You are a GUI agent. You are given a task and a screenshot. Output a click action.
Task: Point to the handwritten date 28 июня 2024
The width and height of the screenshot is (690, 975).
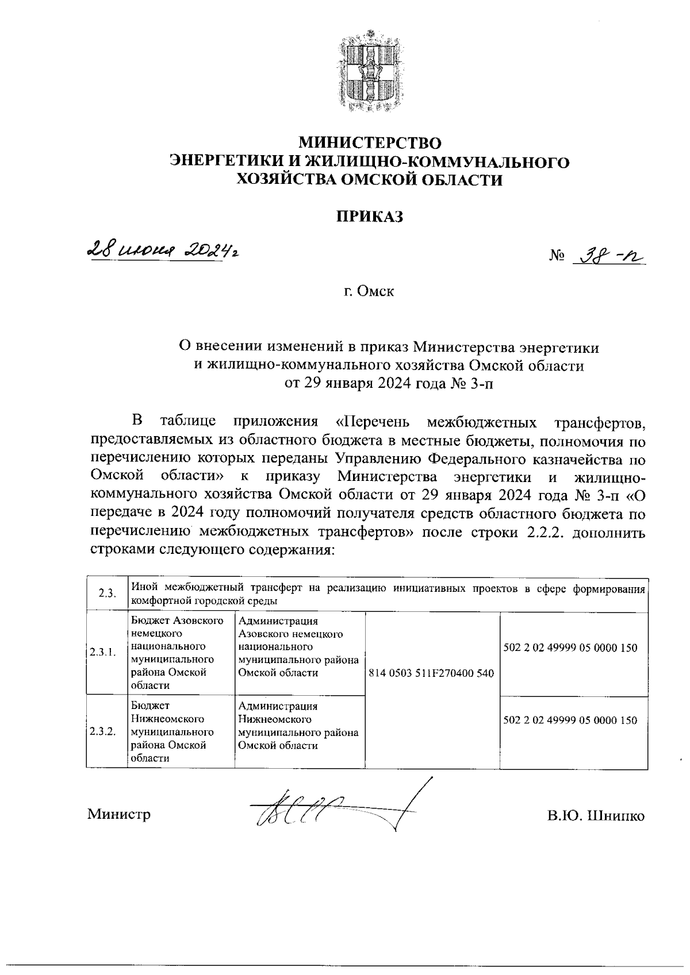(x=161, y=252)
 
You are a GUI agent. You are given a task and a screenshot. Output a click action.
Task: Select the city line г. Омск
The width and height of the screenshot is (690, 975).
(x=369, y=291)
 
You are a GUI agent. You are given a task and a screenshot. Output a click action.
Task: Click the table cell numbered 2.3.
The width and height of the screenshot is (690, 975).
(x=106, y=594)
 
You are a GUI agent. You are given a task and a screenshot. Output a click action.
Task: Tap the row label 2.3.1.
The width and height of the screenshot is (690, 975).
(x=103, y=653)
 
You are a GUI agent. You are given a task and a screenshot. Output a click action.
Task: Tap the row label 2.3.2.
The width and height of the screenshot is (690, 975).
(x=103, y=732)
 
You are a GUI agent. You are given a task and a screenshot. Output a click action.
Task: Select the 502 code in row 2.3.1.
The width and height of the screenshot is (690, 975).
(x=570, y=648)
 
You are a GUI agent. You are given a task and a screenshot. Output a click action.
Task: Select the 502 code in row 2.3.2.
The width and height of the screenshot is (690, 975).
(x=570, y=720)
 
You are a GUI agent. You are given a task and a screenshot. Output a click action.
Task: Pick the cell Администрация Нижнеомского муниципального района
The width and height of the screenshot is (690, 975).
(x=298, y=726)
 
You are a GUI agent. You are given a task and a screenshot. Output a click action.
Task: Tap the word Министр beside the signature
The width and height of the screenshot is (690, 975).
(x=119, y=814)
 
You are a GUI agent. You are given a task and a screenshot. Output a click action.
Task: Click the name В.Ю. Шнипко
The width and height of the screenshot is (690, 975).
(x=596, y=816)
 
